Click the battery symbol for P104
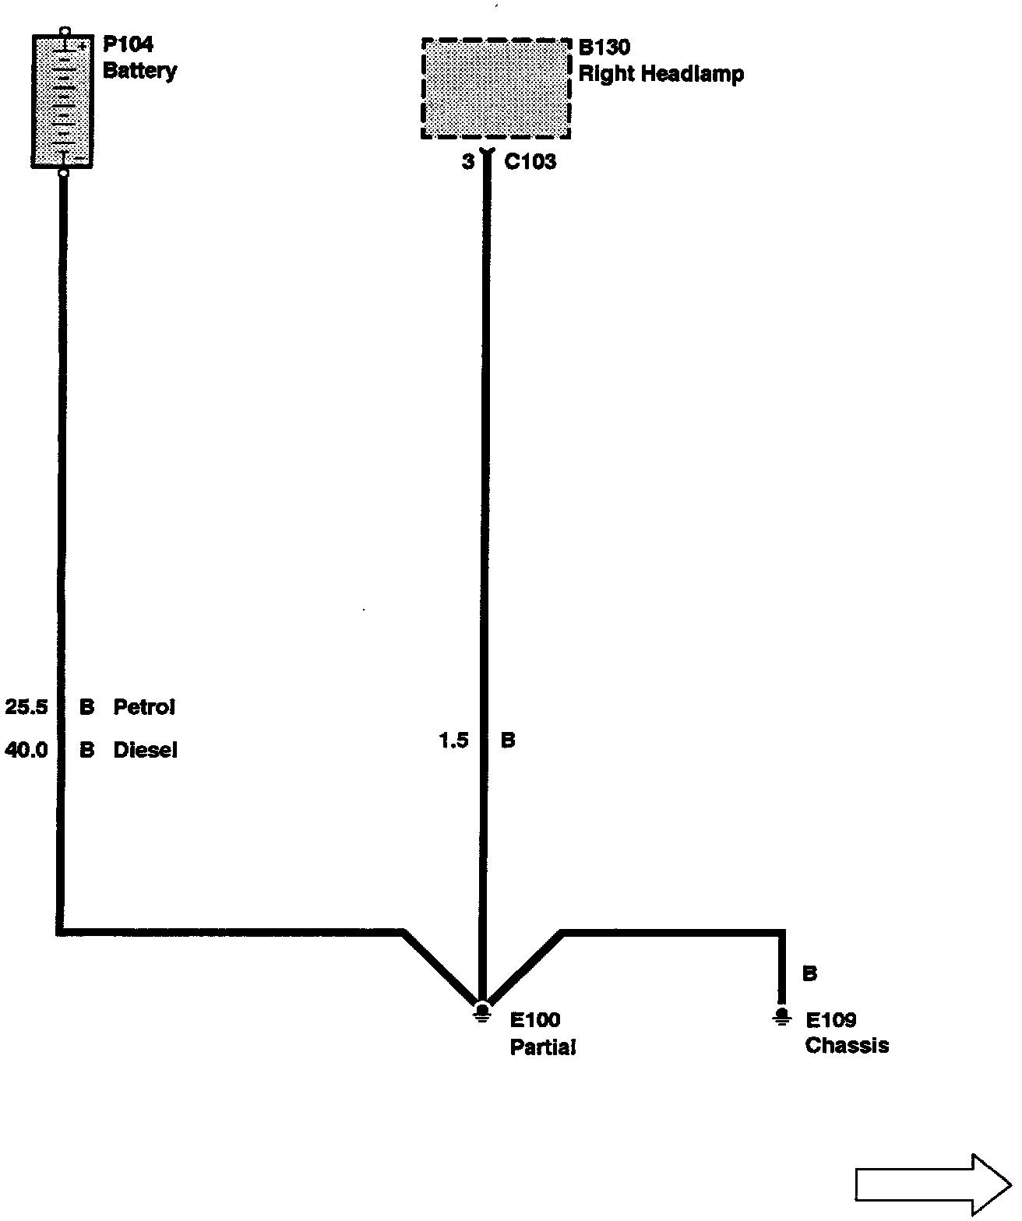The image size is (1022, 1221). coord(62,101)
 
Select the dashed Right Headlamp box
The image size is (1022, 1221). coord(495,88)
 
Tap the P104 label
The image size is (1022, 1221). coord(128,44)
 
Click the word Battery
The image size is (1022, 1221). coord(139,71)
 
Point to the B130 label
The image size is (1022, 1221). coord(604,48)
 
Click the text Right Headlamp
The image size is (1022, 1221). coord(661,75)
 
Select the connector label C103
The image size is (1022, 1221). coord(530,162)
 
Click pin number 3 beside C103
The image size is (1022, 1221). coord(467,162)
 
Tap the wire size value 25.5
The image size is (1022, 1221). coord(26,707)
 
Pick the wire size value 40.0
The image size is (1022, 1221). coord(26,750)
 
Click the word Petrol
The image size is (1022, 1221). coord(144,707)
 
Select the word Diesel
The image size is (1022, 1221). coord(145,750)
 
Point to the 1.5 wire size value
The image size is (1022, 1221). coord(453,741)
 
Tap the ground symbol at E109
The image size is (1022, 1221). coord(781,1016)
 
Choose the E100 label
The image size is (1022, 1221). coord(535,1020)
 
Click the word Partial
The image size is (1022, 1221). coord(542,1047)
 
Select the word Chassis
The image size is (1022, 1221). coord(847,1045)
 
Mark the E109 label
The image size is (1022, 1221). coord(831,1020)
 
